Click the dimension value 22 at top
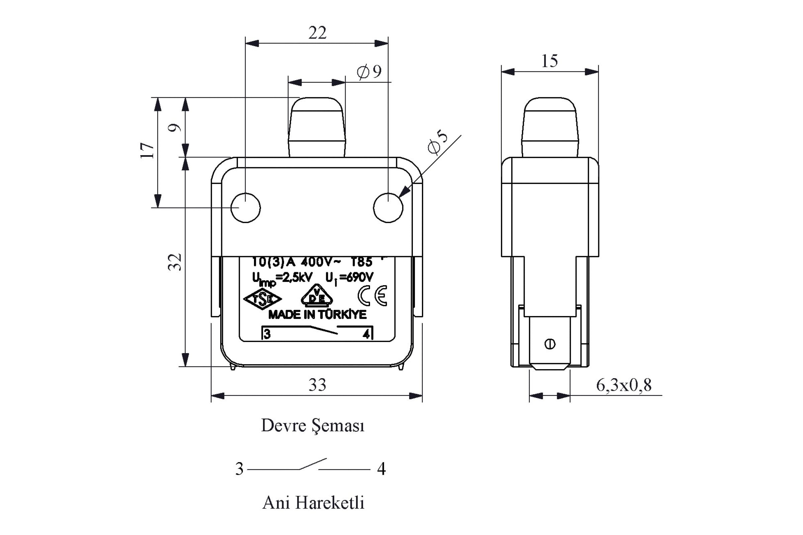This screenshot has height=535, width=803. [x=317, y=33]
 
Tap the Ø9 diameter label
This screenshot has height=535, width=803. [x=369, y=71]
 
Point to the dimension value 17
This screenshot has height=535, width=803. [x=147, y=150]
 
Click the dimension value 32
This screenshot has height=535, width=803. [x=174, y=262]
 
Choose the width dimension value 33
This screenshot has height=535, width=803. [x=317, y=385]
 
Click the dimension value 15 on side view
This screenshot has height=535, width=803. [x=550, y=61]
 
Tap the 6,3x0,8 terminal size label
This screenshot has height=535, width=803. [x=624, y=385]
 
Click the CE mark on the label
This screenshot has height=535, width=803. [x=372, y=296]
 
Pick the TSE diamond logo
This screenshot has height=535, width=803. [x=262, y=299]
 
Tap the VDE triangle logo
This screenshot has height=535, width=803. [x=317, y=295]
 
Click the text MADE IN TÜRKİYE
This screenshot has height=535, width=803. [x=318, y=315]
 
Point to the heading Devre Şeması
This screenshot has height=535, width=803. [x=313, y=426]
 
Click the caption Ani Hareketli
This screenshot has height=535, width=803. [x=314, y=503]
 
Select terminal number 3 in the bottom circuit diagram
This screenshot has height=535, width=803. [x=239, y=469]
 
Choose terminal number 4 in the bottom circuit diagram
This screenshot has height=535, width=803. [x=381, y=469]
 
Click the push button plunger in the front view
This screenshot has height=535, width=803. [x=317, y=127]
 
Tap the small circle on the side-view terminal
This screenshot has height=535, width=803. [x=550, y=344]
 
